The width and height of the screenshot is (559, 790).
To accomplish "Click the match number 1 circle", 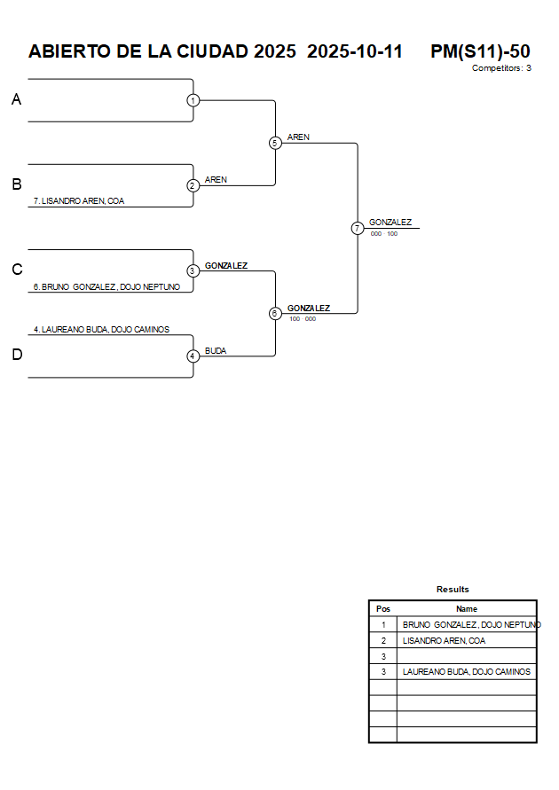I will pos(193,100).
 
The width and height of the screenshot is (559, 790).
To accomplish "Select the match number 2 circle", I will pos(193,185).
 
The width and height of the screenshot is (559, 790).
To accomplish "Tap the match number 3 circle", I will pos(193,270).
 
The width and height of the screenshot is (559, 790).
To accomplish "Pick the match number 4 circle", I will pos(193,356).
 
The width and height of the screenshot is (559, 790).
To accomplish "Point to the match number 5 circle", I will pos(275,143).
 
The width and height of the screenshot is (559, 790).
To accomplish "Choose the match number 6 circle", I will pos(275,313).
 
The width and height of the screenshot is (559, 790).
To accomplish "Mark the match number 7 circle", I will pos(358,228).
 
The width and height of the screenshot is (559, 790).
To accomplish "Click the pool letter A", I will pos(16,100).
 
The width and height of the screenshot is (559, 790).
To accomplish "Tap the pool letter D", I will pos(16,356).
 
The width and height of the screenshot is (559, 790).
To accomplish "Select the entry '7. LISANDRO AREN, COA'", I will pos(79,201).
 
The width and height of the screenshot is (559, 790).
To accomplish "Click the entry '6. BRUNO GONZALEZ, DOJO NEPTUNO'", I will pos(106,286).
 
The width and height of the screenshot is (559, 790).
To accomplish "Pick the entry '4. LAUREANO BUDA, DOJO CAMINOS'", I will pos(101,329).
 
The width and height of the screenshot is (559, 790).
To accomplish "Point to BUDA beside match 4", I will pos(216,351).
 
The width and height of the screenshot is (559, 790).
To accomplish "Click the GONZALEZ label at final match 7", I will pos(390,223).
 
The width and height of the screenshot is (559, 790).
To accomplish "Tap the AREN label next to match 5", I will pos(298,137).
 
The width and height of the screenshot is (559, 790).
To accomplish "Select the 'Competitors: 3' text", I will pos(501,68).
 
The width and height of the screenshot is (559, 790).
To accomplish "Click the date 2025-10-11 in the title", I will pos(355,51).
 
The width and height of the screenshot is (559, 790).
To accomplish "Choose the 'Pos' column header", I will pos(383,609).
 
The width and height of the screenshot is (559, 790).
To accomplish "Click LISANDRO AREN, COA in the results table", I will pos(444,640).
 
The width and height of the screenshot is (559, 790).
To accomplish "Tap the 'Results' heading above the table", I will pos(453,590).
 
